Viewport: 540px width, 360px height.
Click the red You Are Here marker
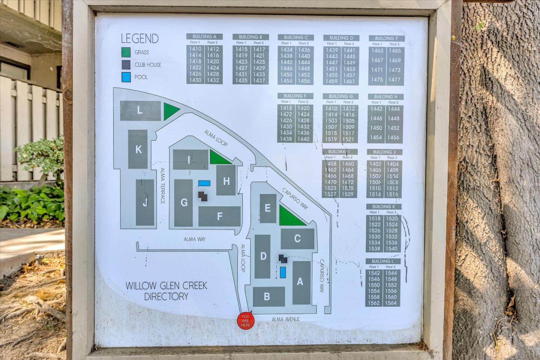tap(246, 321)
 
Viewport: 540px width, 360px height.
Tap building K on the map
tap(138, 149)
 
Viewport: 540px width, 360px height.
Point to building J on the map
tap(145, 202)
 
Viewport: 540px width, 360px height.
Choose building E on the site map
tap(268, 208)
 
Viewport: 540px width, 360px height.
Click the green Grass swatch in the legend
tap(126, 52)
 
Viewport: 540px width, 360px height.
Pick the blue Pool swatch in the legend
tap(126, 77)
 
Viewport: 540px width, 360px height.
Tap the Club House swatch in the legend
tap(126, 64)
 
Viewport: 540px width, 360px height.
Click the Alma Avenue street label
tap(286, 319)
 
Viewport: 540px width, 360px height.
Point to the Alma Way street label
tap(195, 239)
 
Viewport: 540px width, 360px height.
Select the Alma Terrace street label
tap(163, 186)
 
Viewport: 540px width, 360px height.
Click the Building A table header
tap(204, 37)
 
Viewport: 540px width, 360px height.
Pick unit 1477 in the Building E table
tap(394, 79)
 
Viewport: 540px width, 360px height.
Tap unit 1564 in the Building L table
tap(391, 303)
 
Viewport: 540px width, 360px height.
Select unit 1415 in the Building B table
tap(241, 49)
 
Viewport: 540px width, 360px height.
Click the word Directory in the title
tap(166, 297)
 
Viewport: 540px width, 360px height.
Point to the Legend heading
tap(139, 39)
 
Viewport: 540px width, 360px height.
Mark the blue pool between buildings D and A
tap(283, 272)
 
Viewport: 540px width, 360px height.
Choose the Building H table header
tap(385, 97)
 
